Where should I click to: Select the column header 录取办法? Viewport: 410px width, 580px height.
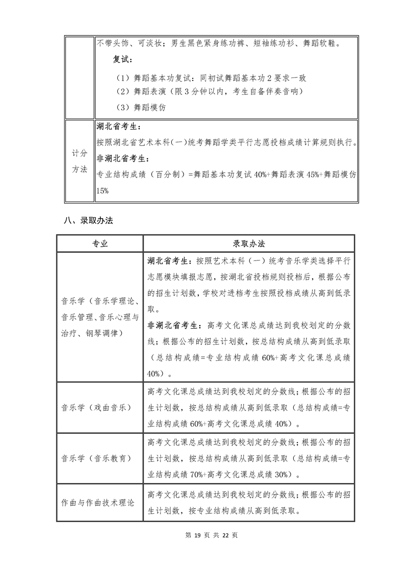249,244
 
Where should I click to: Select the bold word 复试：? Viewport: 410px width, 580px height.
124,60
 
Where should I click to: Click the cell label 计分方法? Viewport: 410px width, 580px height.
79,161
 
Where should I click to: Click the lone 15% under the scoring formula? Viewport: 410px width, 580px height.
104,190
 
